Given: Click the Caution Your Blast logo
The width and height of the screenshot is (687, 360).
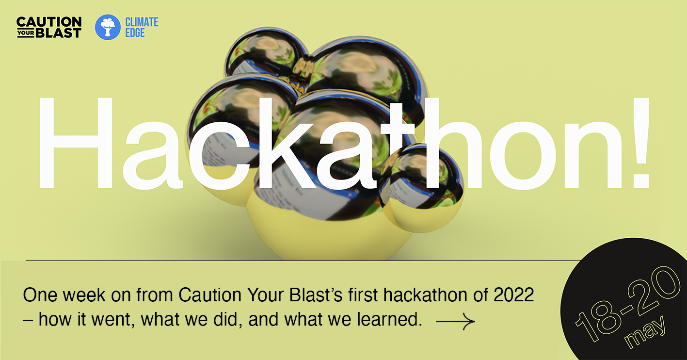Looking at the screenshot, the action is (x=49, y=27).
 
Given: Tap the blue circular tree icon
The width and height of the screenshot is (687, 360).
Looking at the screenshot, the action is (x=108, y=27).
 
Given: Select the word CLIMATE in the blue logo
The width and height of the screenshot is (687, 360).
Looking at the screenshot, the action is (x=142, y=22).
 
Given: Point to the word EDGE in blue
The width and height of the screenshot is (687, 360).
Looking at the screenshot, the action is (x=135, y=33).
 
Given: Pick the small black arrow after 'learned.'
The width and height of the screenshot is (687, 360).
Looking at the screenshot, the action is (x=455, y=321).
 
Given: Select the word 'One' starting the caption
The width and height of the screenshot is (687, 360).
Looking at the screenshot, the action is (x=40, y=295).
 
